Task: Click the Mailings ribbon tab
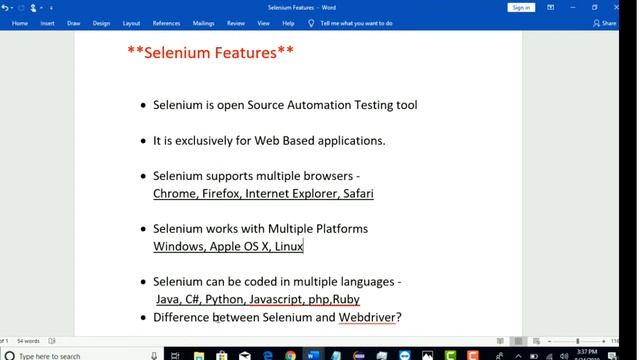pyautogui.click(x=203, y=23)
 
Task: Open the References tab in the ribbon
pyautogui.click(x=166, y=23)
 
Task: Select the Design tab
pyautogui.click(x=101, y=23)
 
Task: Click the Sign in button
pyautogui.click(x=521, y=7)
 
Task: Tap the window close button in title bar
pyautogui.click(x=623, y=7)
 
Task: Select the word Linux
pyautogui.click(x=289, y=246)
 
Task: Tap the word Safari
pyautogui.click(x=358, y=193)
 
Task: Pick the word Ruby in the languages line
pyautogui.click(x=347, y=299)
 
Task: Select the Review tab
pyautogui.click(x=236, y=23)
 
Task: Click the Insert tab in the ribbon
pyautogui.click(x=47, y=23)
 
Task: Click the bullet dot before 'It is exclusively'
pyautogui.click(x=143, y=141)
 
